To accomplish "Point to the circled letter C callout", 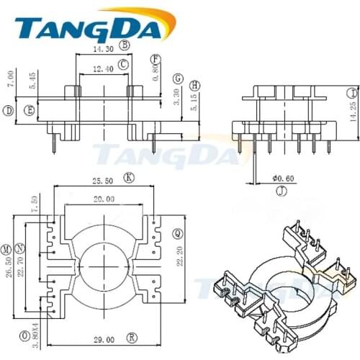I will point(124,64).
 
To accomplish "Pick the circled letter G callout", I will point(178,78).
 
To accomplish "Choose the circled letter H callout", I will point(195,85).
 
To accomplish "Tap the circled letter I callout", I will point(351,92).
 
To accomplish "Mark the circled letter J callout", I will point(282,190).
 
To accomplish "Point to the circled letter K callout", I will point(128,176).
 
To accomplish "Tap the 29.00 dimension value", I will point(104,338).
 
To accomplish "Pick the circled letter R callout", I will point(132,336).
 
